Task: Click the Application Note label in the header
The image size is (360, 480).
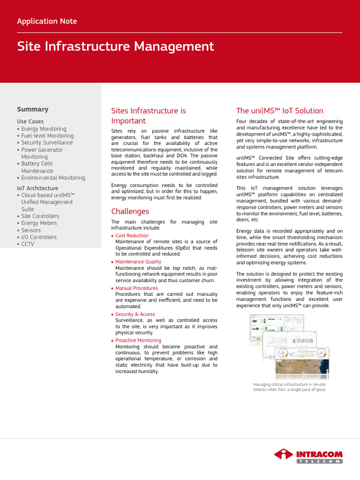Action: pos(47,21)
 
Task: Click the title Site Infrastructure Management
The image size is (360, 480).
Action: pos(115,46)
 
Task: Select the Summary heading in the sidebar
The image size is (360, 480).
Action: pos(33,109)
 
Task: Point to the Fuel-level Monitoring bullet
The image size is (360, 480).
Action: pos(47,135)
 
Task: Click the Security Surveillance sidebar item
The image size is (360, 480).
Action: pos(47,142)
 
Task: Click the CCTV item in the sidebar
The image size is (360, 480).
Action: pos(28,244)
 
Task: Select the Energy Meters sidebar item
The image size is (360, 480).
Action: pos(39,223)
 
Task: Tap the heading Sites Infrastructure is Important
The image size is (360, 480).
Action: pos(148,116)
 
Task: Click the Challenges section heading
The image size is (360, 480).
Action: pos(130,211)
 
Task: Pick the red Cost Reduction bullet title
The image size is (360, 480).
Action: pos(132,235)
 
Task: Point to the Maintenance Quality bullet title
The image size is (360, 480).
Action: pos(138,262)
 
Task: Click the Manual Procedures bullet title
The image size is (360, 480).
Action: pos(136,288)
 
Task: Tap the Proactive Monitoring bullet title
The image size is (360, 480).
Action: pos(138,340)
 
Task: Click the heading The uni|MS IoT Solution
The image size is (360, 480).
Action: pos(279,111)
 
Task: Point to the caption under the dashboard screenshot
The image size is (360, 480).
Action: pos(289,386)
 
